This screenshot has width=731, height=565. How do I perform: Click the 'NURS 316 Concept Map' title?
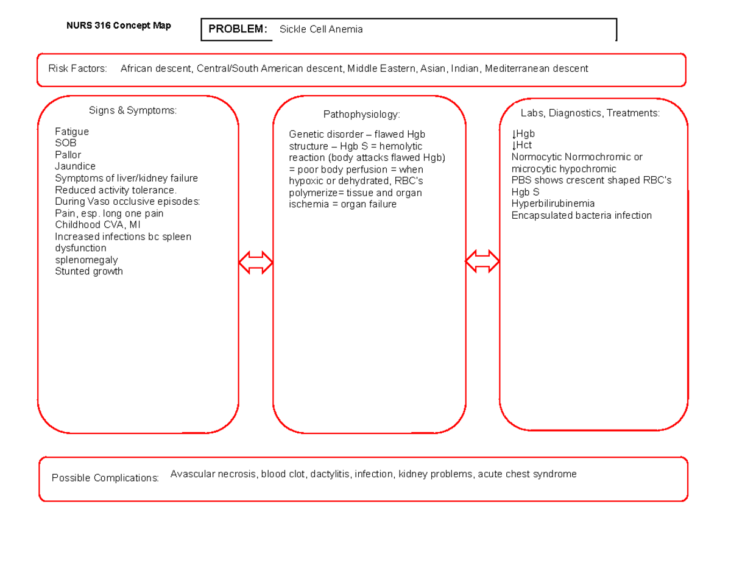click(x=119, y=26)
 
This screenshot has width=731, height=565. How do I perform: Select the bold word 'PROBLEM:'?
click(x=238, y=29)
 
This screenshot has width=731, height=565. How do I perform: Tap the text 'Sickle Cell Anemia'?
click(x=321, y=29)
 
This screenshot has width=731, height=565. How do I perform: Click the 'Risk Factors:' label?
click(x=77, y=68)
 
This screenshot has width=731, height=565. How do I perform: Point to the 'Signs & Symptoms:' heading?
click(x=133, y=110)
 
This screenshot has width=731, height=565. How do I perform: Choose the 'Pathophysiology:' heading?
click(x=362, y=114)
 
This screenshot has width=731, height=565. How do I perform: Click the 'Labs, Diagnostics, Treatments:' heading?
click(x=590, y=113)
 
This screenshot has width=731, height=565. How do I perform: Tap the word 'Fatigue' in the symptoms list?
click(x=72, y=132)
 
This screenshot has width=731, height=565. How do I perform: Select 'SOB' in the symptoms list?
click(x=66, y=143)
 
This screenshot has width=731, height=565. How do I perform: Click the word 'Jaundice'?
click(x=75, y=166)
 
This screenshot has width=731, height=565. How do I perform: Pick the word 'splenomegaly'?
click(x=87, y=260)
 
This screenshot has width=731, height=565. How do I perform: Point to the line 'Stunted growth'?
click(x=89, y=271)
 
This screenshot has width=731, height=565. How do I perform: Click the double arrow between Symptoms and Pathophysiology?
click(x=256, y=262)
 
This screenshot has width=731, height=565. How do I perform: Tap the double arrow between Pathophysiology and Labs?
click(x=482, y=262)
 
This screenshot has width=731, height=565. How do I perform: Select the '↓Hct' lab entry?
click(x=522, y=145)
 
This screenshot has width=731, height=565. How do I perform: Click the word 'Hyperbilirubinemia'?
click(x=553, y=204)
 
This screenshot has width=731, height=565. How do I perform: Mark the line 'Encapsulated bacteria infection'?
click(x=582, y=215)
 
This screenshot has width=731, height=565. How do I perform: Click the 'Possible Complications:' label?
click(x=105, y=478)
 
